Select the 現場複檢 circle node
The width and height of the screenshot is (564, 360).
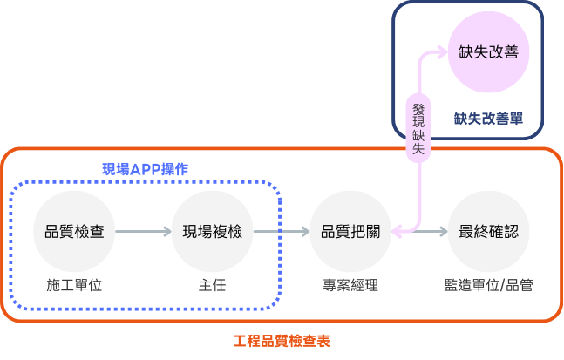pyautogui.click(x=212, y=232)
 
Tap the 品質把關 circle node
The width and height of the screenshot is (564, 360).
pyautogui.click(x=350, y=232)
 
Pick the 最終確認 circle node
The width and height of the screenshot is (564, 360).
pyautogui.click(x=488, y=232)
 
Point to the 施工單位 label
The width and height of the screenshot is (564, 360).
pyautogui.click(x=74, y=285)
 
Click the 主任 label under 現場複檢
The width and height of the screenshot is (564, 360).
pyautogui.click(x=212, y=285)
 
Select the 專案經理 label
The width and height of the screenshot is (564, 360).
pyautogui.click(x=350, y=285)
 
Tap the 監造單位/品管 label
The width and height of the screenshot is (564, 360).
pyautogui.click(x=488, y=285)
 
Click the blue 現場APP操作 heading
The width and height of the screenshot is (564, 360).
pyautogui.click(x=145, y=168)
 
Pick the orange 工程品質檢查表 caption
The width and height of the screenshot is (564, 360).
pyautogui.click(x=282, y=341)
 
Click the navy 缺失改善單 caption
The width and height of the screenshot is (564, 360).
pyautogui.click(x=488, y=118)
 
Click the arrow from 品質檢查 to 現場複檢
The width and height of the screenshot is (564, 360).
pyautogui.click(x=143, y=232)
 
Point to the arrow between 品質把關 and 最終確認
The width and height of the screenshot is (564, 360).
pyautogui.click(x=420, y=232)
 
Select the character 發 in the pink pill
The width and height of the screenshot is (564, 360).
pyautogui.click(x=418, y=108)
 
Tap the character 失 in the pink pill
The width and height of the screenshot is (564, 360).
pyautogui.click(x=418, y=150)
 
